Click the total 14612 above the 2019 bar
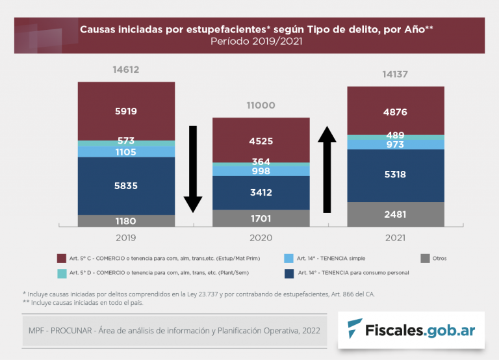(x=126, y=70)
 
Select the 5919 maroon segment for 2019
(x=126, y=111)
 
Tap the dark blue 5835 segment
(x=126, y=186)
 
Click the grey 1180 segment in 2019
(x=126, y=221)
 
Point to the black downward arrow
(x=192, y=169)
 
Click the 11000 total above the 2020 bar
(x=261, y=105)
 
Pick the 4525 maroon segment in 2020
(x=261, y=140)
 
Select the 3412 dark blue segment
(x=261, y=192)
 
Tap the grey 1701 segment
(x=261, y=218)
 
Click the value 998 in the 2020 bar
(x=261, y=171)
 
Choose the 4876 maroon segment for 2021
(x=395, y=111)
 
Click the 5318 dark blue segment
(x=395, y=175)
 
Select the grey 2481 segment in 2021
(x=395, y=214)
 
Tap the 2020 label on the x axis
(x=261, y=238)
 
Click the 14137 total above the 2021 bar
(x=395, y=75)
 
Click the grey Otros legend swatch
(x=426, y=259)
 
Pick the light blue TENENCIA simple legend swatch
(x=289, y=259)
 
